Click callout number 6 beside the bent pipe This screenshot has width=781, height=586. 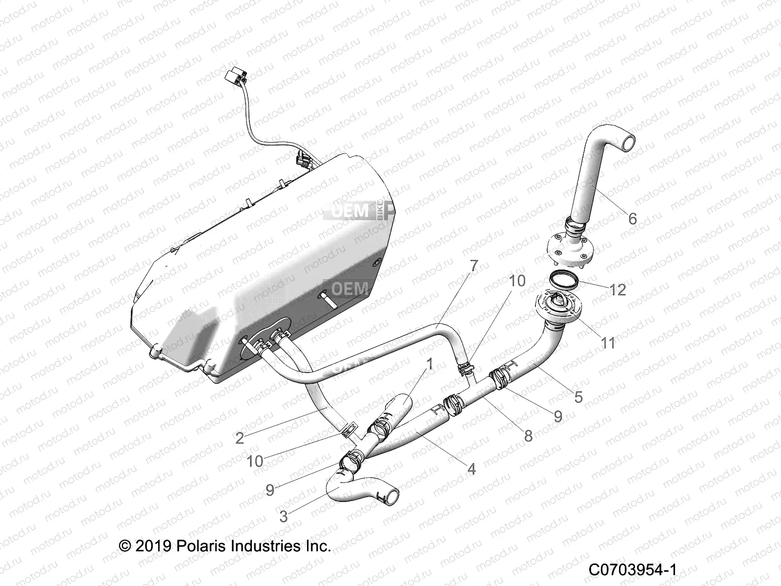pyautogui.click(x=633, y=218)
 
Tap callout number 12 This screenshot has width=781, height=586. pyautogui.click(x=617, y=290)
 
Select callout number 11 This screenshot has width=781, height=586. pyautogui.click(x=608, y=343)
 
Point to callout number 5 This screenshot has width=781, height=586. pyautogui.click(x=578, y=397)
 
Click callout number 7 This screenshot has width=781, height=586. pyautogui.click(x=473, y=266)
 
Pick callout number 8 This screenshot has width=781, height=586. pyautogui.click(x=528, y=435)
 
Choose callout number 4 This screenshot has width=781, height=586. pyautogui.click(x=471, y=469)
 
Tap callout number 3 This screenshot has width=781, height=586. pyautogui.click(x=283, y=516)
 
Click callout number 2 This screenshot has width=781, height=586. pyautogui.click(x=239, y=438)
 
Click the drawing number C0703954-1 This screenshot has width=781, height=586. pyautogui.click(x=632, y=570)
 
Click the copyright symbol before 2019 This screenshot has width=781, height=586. pyautogui.click(x=125, y=545)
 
